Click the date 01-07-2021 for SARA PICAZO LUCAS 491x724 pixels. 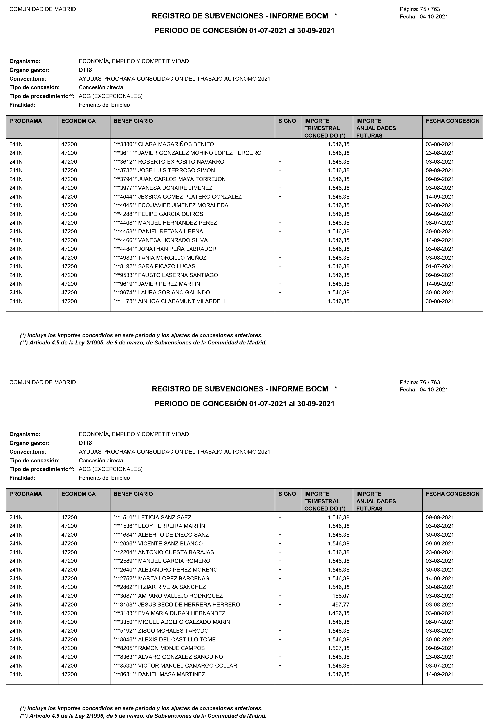tap(440, 266)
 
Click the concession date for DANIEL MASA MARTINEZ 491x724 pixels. tap(440, 674)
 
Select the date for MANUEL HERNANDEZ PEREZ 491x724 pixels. tap(440, 223)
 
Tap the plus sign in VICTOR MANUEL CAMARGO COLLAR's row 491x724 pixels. tap(280, 665)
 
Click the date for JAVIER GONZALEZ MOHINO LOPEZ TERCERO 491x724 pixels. tap(440, 153)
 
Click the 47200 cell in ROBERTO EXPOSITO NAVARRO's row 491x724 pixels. tap(69, 162)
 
